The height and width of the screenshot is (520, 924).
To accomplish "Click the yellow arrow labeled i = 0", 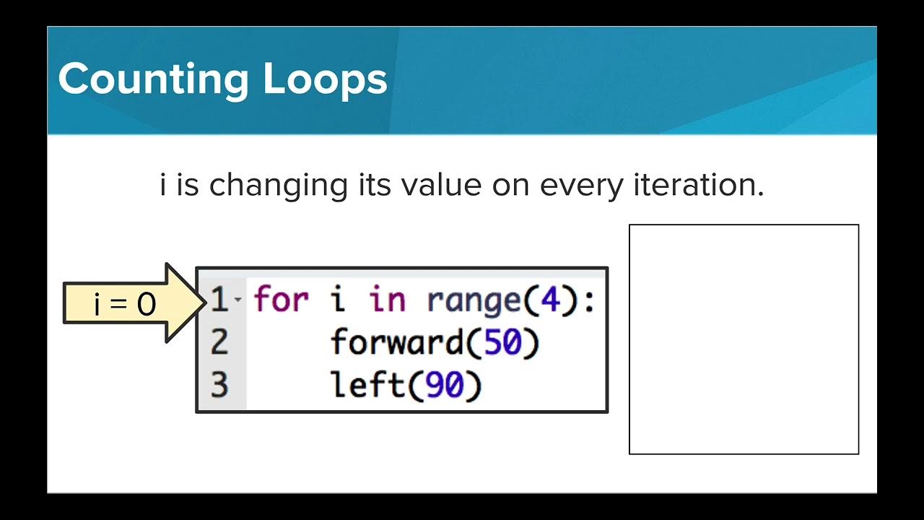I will coord(127,303).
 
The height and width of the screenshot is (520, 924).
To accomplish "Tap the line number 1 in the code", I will coord(219,300).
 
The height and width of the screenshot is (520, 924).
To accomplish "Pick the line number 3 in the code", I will coord(219,386).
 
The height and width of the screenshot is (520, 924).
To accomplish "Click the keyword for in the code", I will coord(282,300).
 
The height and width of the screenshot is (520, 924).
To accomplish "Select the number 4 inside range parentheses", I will coord(550,300).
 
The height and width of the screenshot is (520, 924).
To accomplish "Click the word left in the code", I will coord(367,386).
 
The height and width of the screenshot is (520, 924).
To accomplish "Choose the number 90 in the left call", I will coord(444,386).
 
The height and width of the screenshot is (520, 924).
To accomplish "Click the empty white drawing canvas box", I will coord(744,339).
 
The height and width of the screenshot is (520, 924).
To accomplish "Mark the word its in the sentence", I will coord(373,186).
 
